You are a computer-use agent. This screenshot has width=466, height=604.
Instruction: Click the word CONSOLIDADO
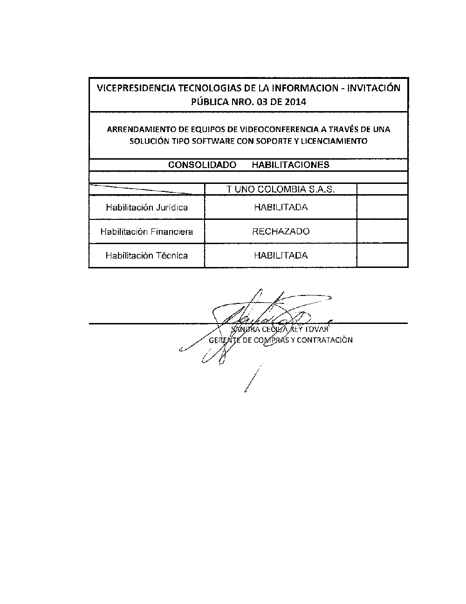pos(202,165)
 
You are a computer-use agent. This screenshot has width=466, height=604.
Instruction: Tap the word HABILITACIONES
pos(290,165)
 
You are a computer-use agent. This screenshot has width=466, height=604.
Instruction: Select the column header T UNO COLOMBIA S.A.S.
pos(281,190)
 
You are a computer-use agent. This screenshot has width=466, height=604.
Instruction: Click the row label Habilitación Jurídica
pos(146,207)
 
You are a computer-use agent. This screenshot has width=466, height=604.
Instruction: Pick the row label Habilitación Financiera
pos(146,232)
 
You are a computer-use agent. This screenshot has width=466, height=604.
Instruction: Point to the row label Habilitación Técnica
pos(146,255)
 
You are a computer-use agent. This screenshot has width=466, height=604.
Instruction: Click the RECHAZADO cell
pos(281,232)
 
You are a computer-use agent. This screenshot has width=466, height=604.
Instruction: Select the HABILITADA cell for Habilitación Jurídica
pos(281,207)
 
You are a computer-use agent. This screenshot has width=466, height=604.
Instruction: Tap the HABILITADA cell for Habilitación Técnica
pos(281,255)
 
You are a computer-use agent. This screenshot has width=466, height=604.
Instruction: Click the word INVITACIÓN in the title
pos(377,88)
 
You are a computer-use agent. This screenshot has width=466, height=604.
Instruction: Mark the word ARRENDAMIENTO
pos(136,129)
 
